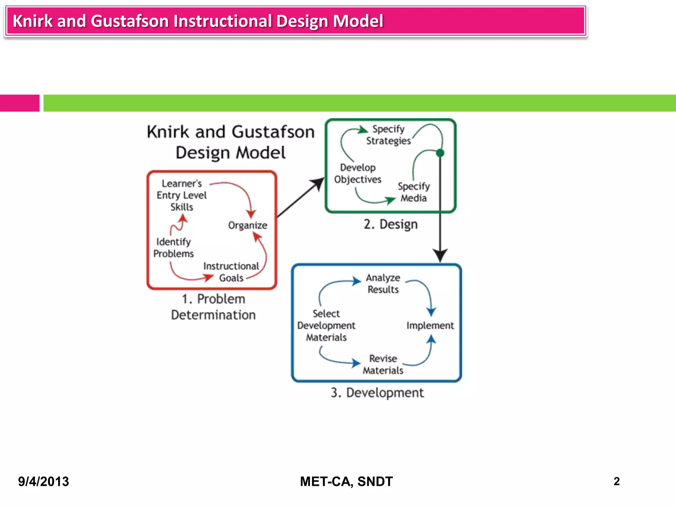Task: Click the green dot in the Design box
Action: point(440,153)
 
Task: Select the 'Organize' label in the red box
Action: point(248,225)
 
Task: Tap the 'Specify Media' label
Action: point(414,192)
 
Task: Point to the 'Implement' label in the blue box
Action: point(430,325)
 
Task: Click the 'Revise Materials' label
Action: point(383,364)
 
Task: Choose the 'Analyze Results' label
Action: point(383,284)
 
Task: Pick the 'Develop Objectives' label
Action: point(358,173)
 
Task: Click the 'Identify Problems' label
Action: point(174,248)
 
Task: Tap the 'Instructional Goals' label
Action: point(231,272)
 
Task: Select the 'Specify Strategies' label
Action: point(389,135)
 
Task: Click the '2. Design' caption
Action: point(391,224)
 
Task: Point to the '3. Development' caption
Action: point(377,393)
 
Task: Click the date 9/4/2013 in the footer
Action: point(44,482)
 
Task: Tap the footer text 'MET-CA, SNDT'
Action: point(346,482)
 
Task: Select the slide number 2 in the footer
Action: point(617,481)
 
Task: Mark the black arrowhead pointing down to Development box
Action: point(440,255)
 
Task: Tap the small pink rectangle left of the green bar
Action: point(19,103)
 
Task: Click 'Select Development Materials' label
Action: point(326,325)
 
